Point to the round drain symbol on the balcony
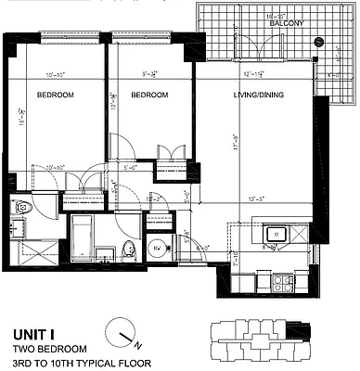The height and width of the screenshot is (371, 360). coord(318,42)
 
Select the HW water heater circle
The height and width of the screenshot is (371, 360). coord(157,249)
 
